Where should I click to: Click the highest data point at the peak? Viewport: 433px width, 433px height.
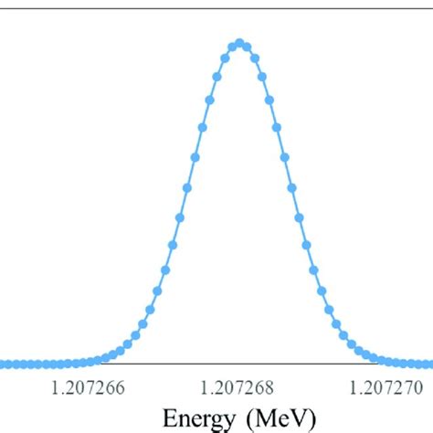240,43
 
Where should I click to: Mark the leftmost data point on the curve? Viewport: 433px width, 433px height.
3,364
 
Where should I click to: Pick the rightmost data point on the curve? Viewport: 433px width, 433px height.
430,364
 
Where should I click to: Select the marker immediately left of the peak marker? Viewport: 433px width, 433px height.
233,46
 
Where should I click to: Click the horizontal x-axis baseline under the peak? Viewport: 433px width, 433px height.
240,364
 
